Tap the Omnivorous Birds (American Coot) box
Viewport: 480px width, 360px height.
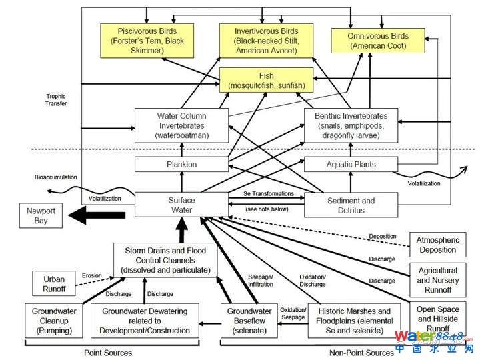point(377,40)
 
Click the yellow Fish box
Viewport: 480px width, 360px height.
point(266,81)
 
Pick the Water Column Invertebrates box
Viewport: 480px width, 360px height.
point(181,125)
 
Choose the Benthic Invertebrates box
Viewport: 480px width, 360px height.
point(351,125)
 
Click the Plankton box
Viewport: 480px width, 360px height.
point(181,164)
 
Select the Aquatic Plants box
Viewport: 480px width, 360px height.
point(351,164)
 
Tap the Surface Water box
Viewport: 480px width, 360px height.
point(181,204)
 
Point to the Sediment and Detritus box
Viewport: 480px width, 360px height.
point(351,205)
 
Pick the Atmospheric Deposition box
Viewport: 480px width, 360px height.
point(437,245)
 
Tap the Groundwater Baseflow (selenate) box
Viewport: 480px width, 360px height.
point(249,320)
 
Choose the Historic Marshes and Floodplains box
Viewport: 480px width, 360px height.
point(355,320)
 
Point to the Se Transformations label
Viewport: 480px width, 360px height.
point(268,193)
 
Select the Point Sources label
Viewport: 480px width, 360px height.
point(108,353)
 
